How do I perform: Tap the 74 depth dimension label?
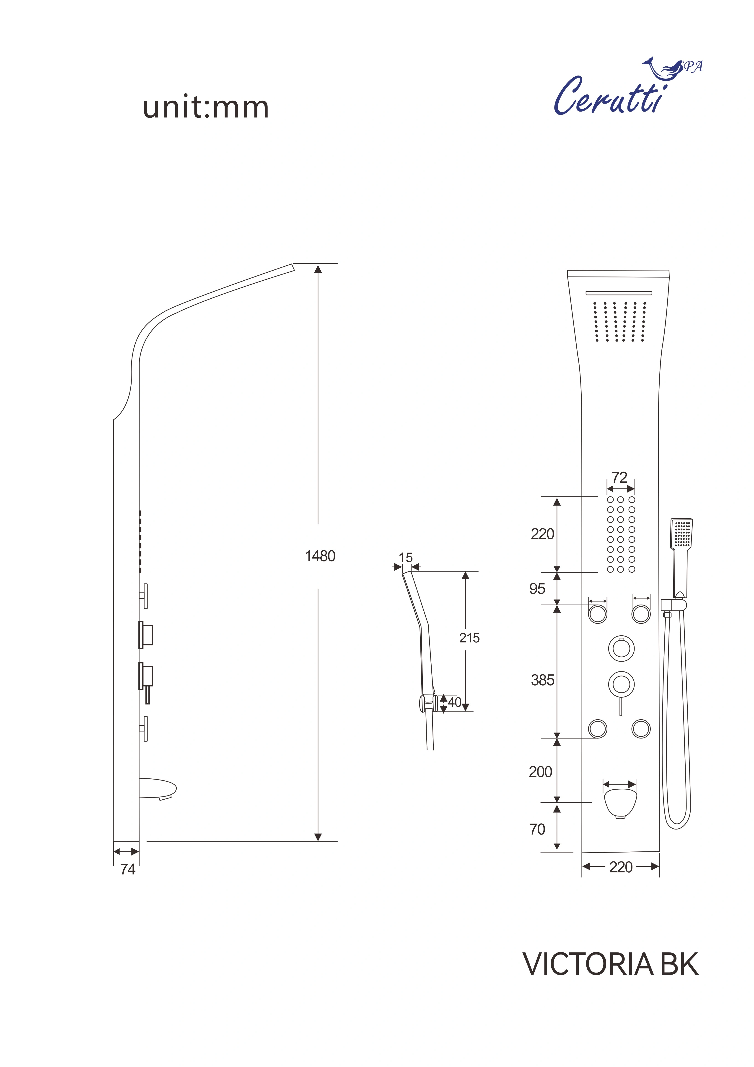click(128, 869)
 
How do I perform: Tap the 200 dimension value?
click(540, 772)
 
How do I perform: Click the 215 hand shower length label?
click(469, 638)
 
